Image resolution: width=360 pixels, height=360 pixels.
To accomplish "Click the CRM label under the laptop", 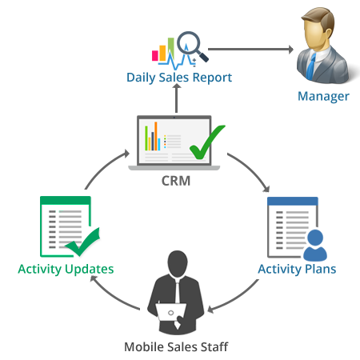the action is click(176, 181).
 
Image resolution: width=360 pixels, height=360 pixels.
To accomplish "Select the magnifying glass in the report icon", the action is click(191, 46).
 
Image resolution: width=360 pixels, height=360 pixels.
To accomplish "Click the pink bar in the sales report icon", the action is click(155, 55).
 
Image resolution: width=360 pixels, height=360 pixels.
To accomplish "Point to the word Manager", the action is click(323, 97).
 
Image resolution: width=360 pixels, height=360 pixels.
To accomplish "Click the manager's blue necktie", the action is click(310, 66).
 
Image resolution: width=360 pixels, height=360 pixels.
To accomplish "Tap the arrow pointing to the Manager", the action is click(250, 49).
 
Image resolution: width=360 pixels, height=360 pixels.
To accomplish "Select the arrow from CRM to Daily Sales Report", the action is click(176, 98).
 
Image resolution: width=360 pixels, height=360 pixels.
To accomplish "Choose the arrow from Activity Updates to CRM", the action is click(106, 167).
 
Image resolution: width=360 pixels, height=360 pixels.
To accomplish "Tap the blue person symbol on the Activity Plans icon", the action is click(315, 246).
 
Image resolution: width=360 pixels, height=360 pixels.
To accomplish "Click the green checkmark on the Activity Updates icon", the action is click(82, 242).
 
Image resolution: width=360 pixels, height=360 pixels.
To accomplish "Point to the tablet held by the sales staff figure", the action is click(170, 312).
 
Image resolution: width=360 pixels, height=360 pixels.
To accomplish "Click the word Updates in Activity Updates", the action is click(90, 270).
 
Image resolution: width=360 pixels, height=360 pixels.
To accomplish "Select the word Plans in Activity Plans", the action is click(320, 269).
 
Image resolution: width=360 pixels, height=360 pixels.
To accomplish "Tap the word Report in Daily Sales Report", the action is click(212, 78).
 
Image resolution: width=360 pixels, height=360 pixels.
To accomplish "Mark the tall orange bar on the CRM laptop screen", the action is click(156, 136).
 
